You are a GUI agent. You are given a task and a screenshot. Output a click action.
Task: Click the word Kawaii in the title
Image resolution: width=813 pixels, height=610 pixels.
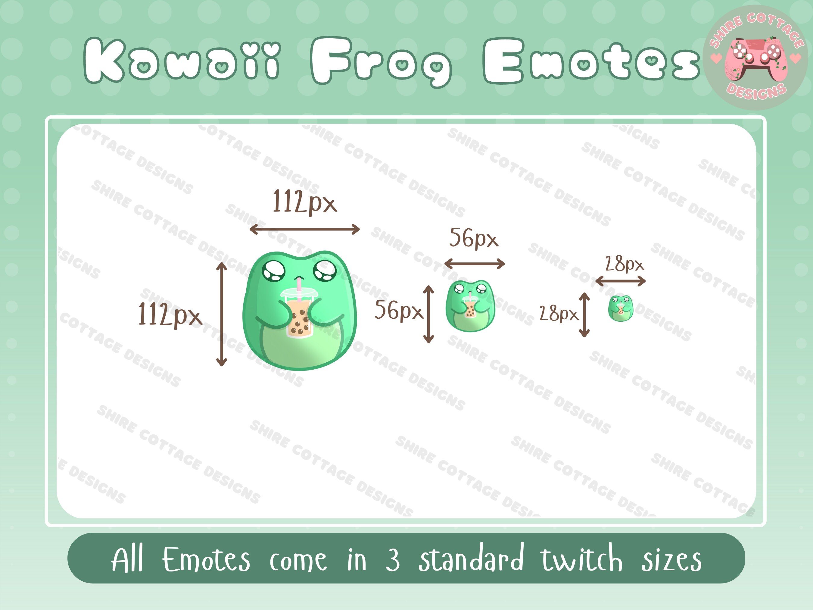pos(182,60)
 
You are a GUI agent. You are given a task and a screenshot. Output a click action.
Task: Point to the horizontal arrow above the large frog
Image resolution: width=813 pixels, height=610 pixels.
pos(304,230)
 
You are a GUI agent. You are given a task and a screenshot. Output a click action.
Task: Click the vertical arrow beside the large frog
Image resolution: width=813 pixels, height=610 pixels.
pos(221,314)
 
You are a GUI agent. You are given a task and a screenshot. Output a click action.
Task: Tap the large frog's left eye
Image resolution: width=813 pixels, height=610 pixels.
pos(274,271)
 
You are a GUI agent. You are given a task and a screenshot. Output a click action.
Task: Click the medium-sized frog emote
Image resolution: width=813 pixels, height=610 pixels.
pos(470,306)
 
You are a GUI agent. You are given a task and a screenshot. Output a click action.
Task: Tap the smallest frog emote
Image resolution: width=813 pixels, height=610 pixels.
pos(620,308)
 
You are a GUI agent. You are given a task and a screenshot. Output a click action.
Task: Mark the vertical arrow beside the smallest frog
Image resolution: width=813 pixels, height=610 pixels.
pos(584,315)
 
